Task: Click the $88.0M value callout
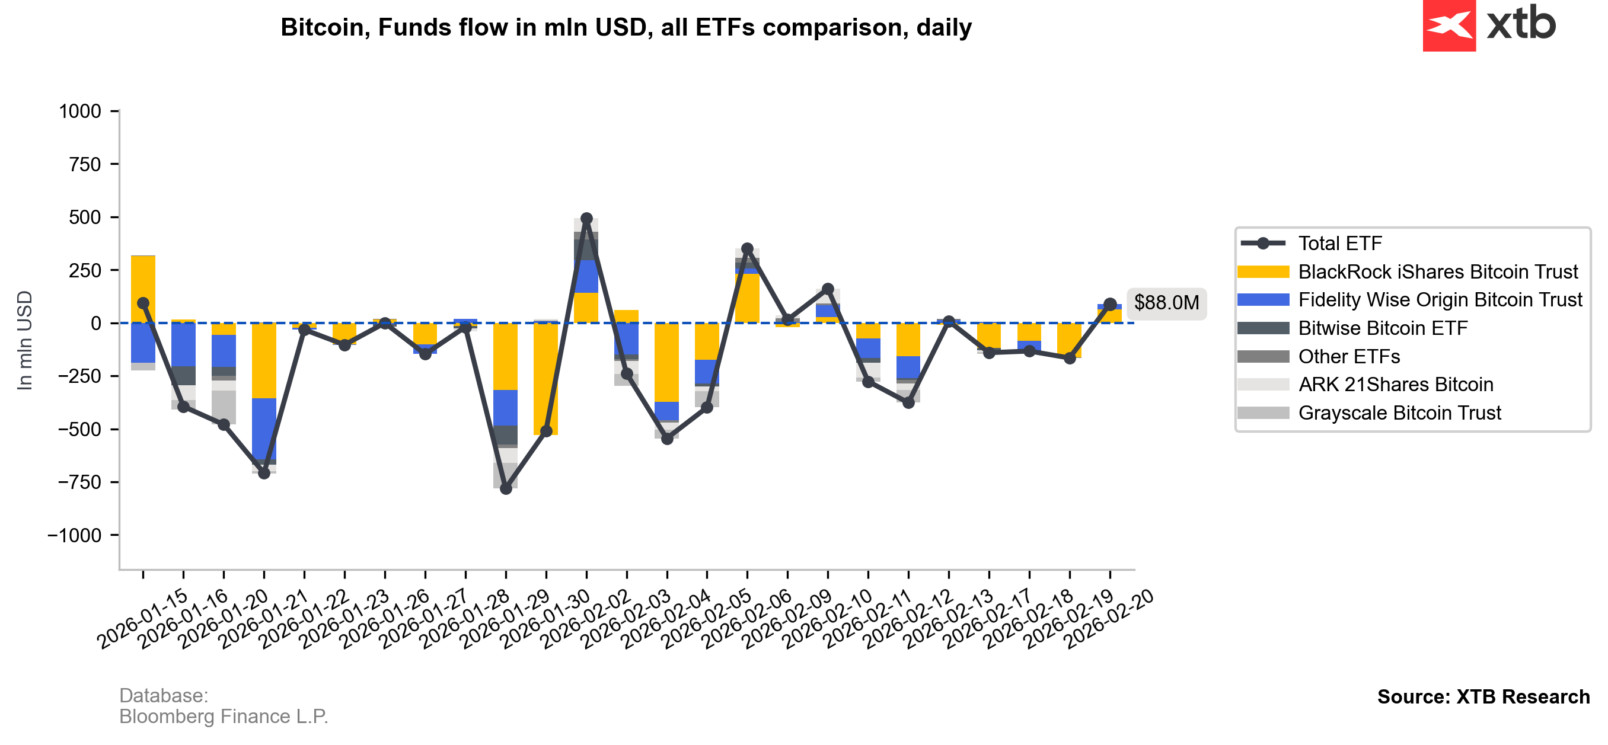(1166, 303)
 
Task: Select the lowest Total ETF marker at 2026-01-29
(506, 488)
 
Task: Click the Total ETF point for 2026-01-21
(264, 473)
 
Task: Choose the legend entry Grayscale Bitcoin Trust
(1399, 413)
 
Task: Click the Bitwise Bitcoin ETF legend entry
(1383, 328)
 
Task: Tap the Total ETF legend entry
(1339, 244)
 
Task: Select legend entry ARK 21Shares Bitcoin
(1395, 385)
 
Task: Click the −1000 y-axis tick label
(74, 535)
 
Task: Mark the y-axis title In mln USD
(24, 340)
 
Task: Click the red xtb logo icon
(1449, 25)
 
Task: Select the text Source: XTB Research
(1483, 696)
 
